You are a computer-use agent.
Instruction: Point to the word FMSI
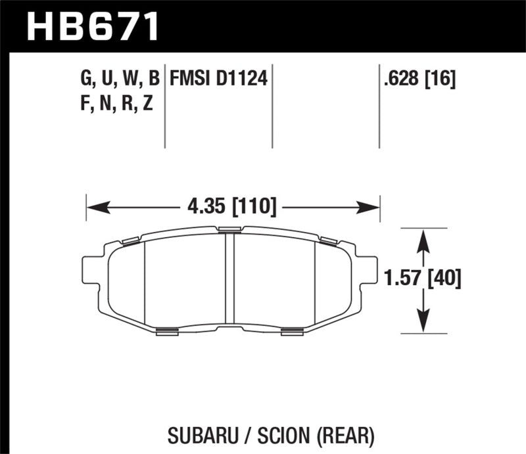click(x=189, y=80)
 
